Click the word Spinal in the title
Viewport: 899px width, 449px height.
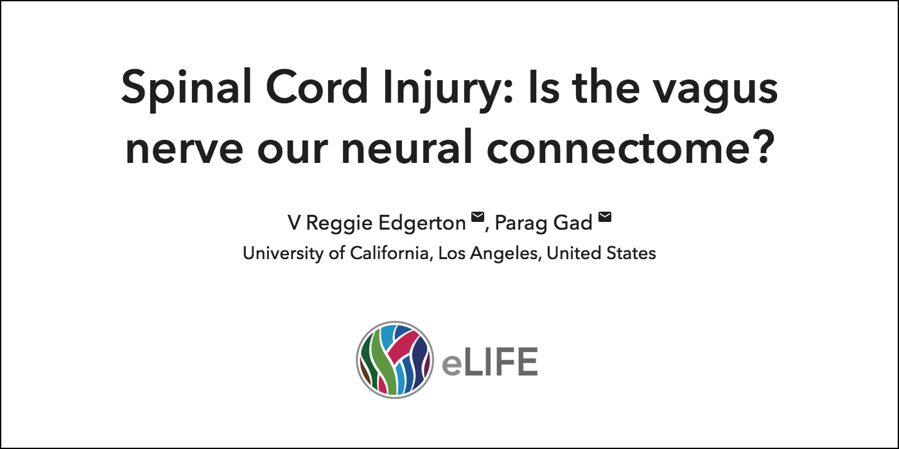(186, 89)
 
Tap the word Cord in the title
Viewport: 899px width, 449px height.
(317, 87)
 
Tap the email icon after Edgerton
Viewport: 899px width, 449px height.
(478, 217)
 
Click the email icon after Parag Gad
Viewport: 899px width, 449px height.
(605, 217)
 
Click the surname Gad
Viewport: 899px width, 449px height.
(573, 223)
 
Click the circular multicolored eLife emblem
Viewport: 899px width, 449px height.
(395, 360)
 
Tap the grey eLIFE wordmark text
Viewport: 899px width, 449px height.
(489, 362)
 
